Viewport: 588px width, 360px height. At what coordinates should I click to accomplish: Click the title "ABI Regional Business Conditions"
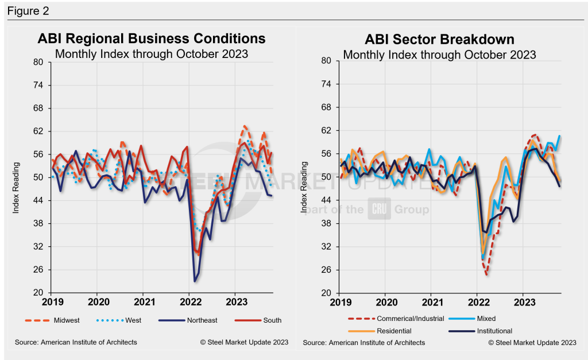click(152, 38)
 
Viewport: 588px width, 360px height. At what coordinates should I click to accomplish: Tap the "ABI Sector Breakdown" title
click(439, 40)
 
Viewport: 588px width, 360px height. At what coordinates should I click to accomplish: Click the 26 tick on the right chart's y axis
click(326, 270)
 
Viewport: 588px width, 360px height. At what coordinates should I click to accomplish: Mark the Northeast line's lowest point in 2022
click(195, 281)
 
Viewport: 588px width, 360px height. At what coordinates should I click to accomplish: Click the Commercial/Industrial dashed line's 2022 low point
click(486, 275)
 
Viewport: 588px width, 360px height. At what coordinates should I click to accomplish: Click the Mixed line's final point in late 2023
click(560, 136)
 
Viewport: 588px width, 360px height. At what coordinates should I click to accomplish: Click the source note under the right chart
click(364, 343)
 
